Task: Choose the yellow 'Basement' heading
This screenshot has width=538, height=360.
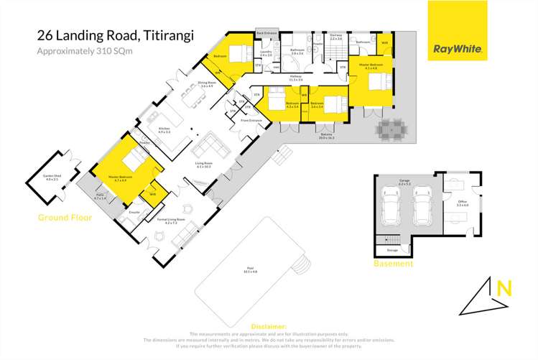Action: (393, 264)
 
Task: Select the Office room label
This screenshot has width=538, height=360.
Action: (462, 203)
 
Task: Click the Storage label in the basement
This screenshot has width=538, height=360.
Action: (392, 250)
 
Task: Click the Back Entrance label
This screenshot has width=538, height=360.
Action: (266, 33)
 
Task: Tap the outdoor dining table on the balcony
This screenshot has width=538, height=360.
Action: (392, 129)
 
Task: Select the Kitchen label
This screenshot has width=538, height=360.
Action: (164, 129)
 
